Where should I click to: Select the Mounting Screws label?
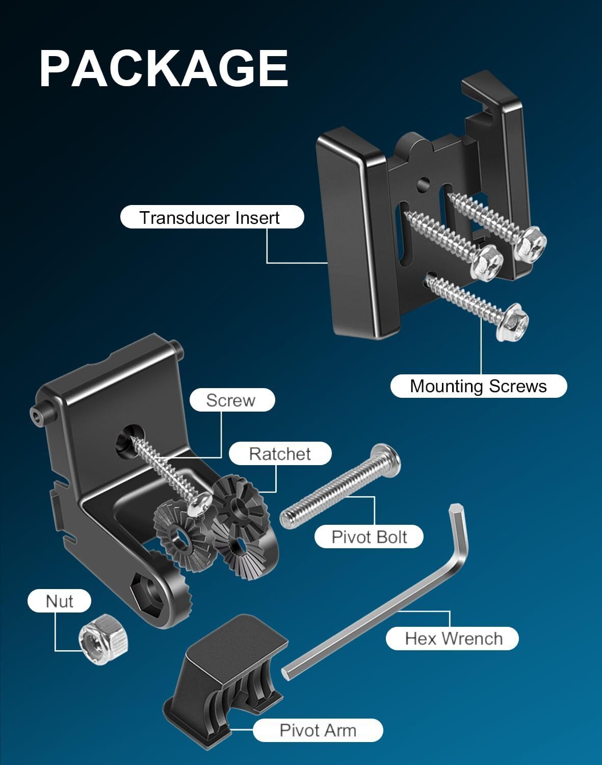(478, 386)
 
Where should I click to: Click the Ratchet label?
(280, 453)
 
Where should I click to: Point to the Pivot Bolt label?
(369, 537)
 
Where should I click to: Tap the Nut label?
(59, 601)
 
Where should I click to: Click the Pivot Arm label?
(318, 730)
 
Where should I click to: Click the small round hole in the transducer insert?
(423, 184)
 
